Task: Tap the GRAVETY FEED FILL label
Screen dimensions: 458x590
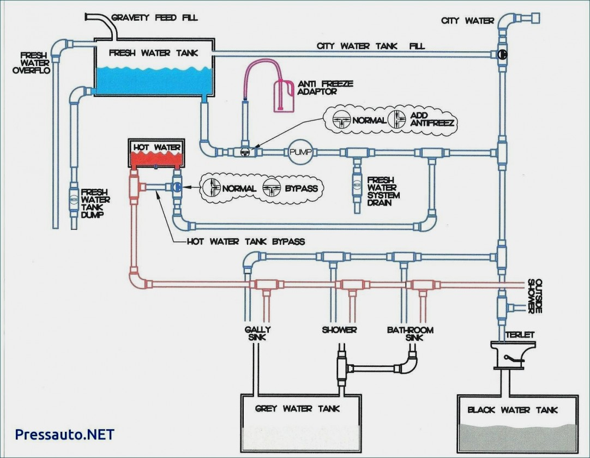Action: click(154, 17)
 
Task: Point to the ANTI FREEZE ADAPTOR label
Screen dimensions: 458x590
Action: click(326, 87)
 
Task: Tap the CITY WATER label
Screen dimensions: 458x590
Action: click(468, 21)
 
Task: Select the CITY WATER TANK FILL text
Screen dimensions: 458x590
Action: click(371, 46)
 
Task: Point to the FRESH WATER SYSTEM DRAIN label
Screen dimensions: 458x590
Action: click(383, 191)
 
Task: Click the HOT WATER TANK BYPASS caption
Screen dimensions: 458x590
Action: click(246, 241)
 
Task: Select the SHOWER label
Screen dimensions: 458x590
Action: click(339, 330)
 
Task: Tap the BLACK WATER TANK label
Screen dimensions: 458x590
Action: click(513, 409)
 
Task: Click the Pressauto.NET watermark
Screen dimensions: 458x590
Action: click(65, 434)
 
